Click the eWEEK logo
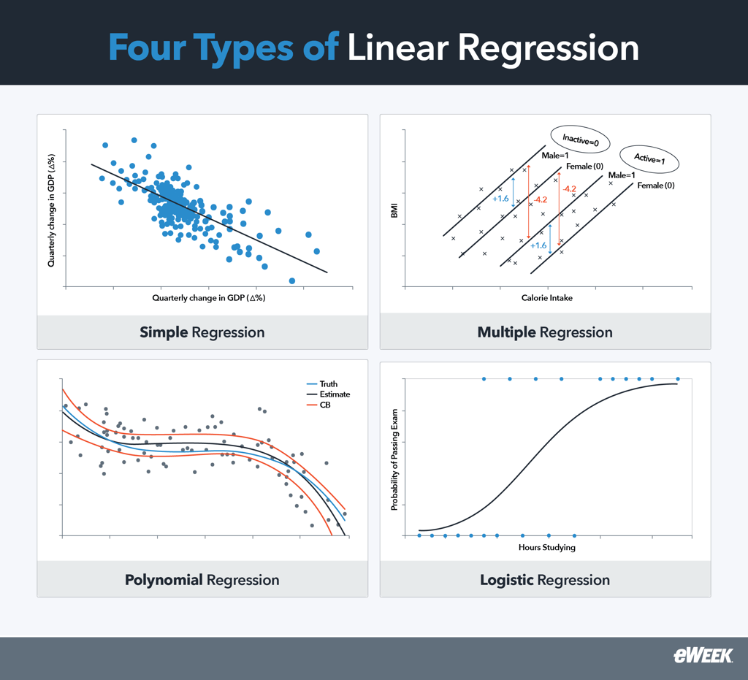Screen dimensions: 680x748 (x=703, y=655)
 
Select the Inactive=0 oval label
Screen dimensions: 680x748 (x=580, y=140)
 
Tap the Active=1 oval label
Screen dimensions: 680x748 (x=649, y=158)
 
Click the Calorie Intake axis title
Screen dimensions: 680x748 (x=546, y=298)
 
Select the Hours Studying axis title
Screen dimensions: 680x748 (x=547, y=547)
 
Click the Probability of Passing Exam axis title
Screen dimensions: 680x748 (x=394, y=459)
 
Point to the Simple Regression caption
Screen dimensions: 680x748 (x=202, y=332)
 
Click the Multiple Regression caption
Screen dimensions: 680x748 (x=545, y=332)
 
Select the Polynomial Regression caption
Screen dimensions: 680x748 (x=202, y=581)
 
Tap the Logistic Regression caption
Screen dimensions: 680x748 (x=545, y=581)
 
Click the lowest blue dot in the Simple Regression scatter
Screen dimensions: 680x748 (x=292, y=280)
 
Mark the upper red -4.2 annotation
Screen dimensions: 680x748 (x=570, y=189)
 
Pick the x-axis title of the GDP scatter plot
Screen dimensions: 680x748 (x=208, y=298)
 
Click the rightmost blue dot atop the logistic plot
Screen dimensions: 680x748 (x=678, y=379)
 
